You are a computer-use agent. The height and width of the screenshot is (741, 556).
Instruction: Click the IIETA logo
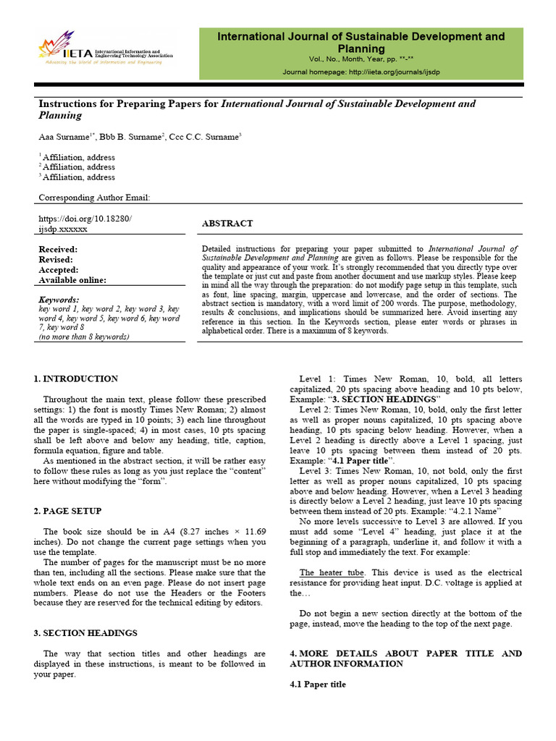tap(106, 49)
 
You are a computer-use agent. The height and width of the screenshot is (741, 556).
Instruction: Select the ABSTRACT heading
tap(227, 224)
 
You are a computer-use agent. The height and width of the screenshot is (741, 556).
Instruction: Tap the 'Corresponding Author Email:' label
tap(94, 198)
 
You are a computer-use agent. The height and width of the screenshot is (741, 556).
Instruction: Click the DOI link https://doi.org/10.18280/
tap(85, 219)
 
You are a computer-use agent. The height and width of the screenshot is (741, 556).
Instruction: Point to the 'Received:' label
tap(58, 250)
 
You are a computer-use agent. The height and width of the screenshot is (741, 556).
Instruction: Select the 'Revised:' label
tap(56, 260)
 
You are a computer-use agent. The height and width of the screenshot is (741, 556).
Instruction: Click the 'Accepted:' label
tap(58, 270)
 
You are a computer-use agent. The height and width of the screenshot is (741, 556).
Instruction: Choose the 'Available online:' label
tap(72, 280)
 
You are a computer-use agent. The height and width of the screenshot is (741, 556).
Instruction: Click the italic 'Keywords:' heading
tap(59, 300)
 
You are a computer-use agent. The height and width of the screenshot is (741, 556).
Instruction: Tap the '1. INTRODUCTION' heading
tap(76, 378)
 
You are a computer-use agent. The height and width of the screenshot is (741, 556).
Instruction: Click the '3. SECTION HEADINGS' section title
tap(85, 633)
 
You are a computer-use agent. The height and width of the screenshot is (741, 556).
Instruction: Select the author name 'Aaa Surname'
tap(64, 136)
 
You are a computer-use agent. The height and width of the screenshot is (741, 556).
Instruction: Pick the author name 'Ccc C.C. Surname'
tap(204, 136)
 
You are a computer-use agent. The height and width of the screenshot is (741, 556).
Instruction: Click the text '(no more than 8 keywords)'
tap(84, 337)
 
